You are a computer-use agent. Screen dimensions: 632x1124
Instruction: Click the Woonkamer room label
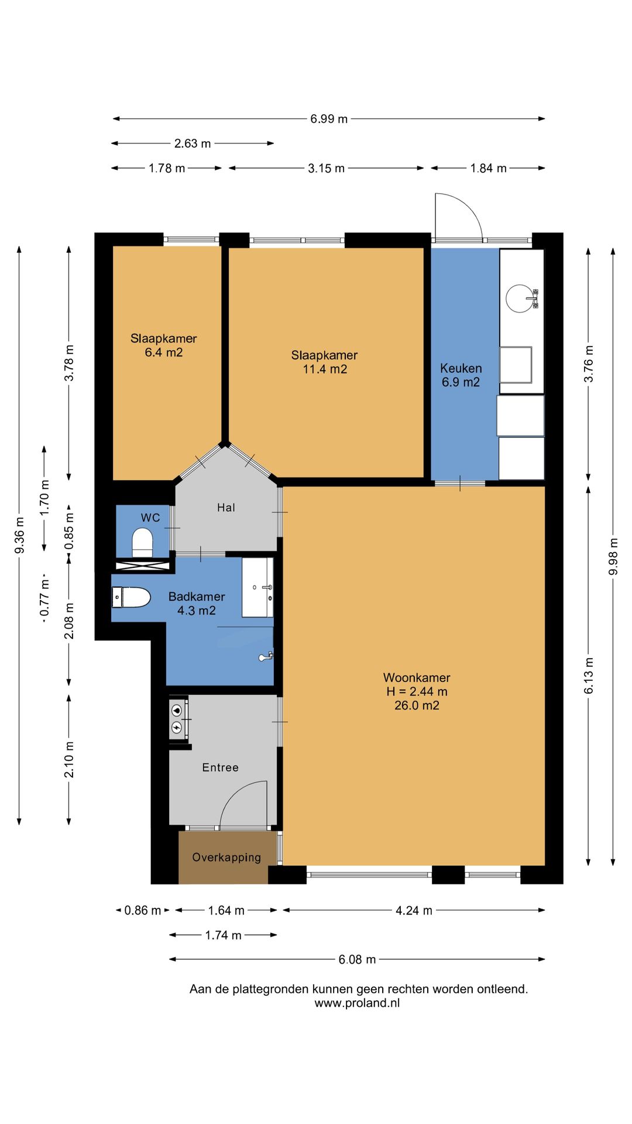tap(417, 677)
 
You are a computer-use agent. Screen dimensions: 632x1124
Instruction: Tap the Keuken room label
tap(461, 368)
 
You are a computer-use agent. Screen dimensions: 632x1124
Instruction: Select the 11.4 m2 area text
tap(325, 369)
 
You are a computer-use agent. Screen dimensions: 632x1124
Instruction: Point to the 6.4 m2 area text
tap(164, 352)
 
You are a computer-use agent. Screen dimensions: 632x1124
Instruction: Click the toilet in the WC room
tap(142, 543)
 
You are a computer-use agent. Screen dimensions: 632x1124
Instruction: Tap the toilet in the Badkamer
tap(132, 597)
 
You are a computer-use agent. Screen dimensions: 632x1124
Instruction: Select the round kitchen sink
tap(520, 299)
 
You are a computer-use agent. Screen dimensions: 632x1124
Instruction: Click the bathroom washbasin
tap(257, 587)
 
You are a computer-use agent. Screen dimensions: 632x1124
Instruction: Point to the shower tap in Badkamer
tap(266, 657)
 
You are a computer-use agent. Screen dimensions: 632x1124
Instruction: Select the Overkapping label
tap(226, 858)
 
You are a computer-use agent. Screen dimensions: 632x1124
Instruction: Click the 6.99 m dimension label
tap(329, 119)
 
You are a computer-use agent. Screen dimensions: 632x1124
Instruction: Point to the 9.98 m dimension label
tap(613, 556)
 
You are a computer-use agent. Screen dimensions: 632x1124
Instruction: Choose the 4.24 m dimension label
tap(414, 910)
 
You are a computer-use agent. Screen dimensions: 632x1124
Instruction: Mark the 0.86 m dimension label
tap(142, 910)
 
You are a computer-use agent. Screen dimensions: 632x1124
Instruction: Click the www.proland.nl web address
tap(357, 1003)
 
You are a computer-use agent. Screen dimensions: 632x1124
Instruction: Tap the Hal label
tap(226, 508)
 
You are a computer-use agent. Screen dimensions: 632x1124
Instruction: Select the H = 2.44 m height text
tap(417, 691)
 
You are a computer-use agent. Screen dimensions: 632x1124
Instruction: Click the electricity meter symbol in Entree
tap(177, 728)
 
